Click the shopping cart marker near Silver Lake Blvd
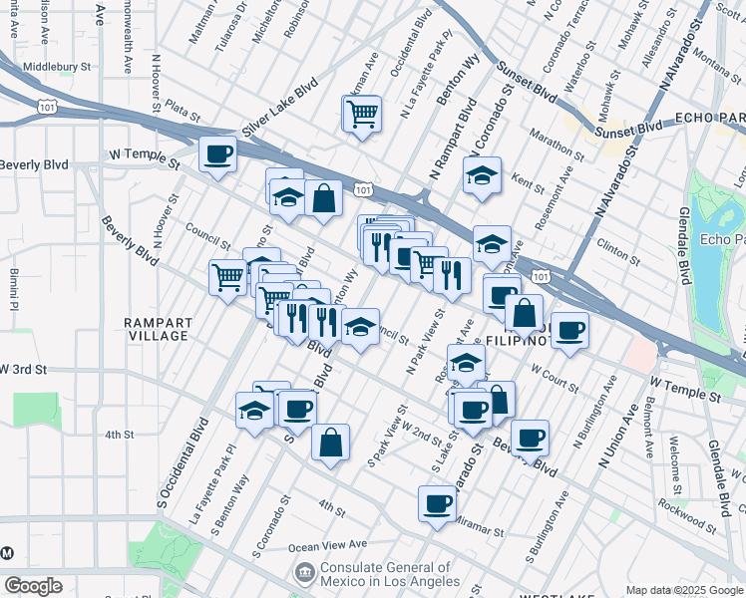tap(362, 114)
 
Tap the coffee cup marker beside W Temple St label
tap(217, 154)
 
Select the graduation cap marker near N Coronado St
tap(482, 175)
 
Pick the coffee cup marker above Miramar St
tap(436, 504)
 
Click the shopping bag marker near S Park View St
tap(330, 443)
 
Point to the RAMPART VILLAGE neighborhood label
tap(157, 328)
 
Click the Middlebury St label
tap(57, 66)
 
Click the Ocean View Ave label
tap(328, 546)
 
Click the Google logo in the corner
tap(33, 586)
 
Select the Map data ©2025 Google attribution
tap(683, 590)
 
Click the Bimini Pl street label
tap(15, 278)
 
